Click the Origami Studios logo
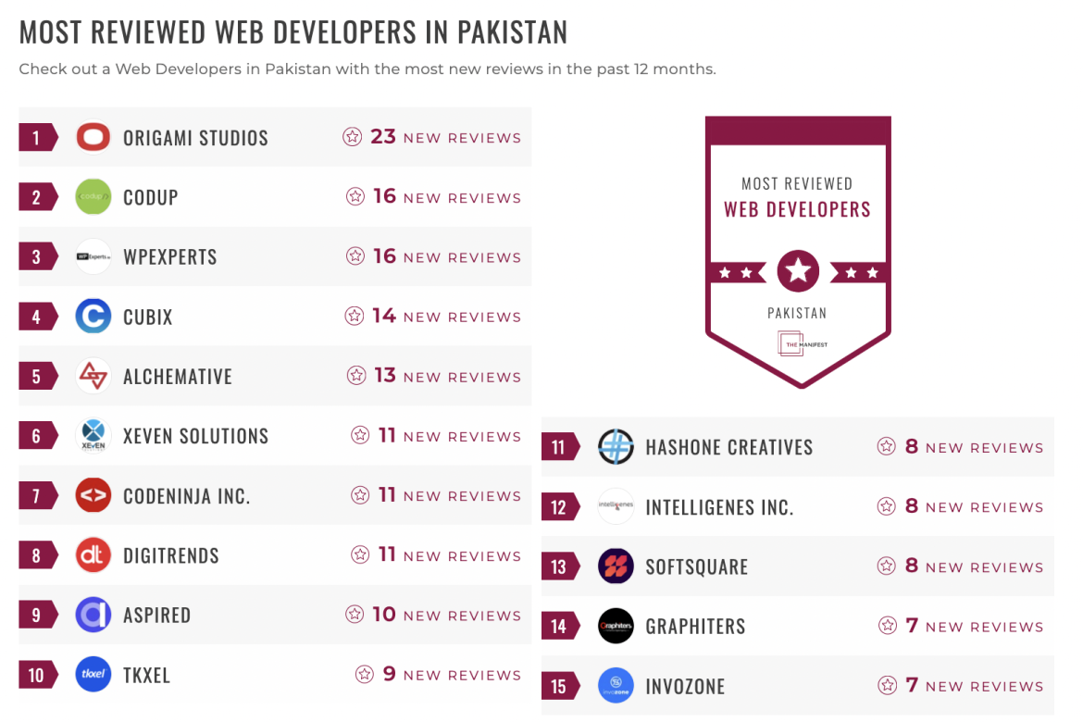tap(93, 138)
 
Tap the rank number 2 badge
tap(37, 197)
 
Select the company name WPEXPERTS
tap(170, 257)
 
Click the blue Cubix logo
tap(93, 317)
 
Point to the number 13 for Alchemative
tap(384, 376)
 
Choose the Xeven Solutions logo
tap(93, 436)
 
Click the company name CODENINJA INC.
tap(187, 496)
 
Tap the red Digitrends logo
tap(93, 555)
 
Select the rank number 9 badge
tap(37, 616)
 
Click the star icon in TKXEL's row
tap(365, 675)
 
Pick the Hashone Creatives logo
tap(616, 447)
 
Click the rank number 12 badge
tap(559, 507)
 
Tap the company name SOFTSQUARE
tap(697, 567)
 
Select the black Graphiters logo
tap(616, 627)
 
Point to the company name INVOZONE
tap(685, 687)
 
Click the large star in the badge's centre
tap(798, 271)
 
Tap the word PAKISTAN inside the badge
tap(797, 313)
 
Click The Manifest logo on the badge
tap(797, 344)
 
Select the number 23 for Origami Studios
tap(383, 137)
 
